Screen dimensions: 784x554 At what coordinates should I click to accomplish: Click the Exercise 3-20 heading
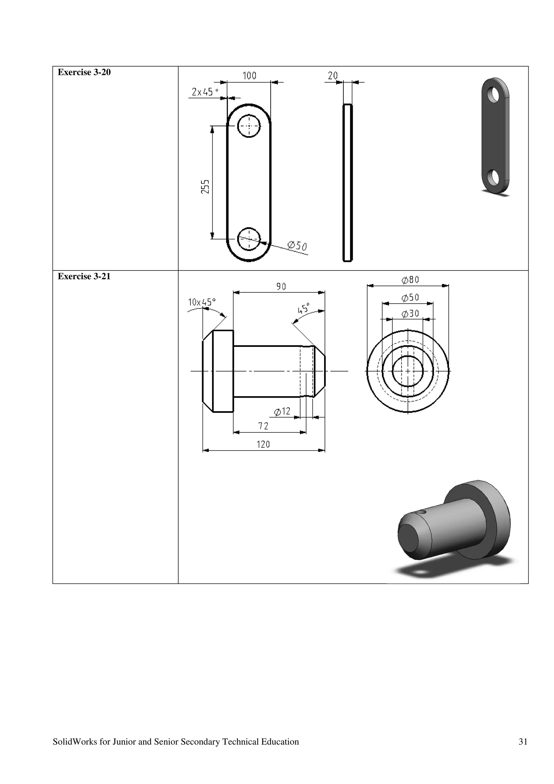click(x=84, y=73)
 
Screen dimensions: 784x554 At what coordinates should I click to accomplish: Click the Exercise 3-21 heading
click(x=84, y=276)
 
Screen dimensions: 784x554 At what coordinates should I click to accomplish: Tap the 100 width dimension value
click(x=249, y=75)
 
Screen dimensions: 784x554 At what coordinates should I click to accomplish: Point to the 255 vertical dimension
click(x=205, y=186)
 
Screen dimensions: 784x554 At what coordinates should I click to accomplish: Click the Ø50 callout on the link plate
click(x=297, y=246)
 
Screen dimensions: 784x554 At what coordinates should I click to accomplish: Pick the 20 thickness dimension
click(x=333, y=75)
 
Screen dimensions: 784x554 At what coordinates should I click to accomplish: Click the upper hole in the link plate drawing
click(x=249, y=126)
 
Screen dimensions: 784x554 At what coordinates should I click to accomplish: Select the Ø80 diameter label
click(x=410, y=280)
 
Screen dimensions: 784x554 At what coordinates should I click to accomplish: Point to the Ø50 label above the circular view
click(x=410, y=297)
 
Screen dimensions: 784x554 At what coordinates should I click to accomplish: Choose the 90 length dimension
click(x=281, y=286)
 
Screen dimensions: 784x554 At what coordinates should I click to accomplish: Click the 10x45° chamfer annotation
click(x=202, y=302)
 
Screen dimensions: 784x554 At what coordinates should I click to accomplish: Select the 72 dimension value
click(x=263, y=426)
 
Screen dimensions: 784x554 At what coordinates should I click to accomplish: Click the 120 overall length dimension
click(x=263, y=444)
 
